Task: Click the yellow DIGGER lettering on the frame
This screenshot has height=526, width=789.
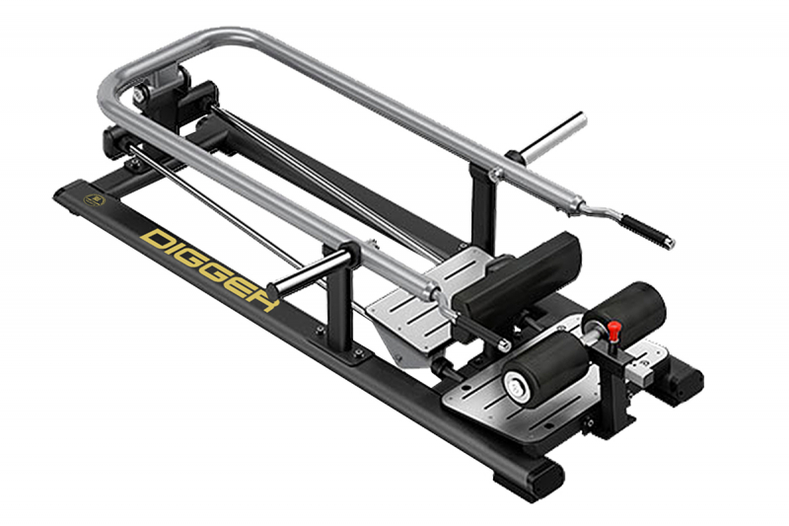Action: click(x=209, y=269)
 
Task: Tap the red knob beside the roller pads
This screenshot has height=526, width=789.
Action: click(x=613, y=331)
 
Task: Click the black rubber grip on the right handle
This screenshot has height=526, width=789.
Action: click(x=647, y=230)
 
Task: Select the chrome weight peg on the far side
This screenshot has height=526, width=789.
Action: click(x=553, y=136)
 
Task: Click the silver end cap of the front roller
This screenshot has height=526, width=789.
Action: click(x=517, y=386)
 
